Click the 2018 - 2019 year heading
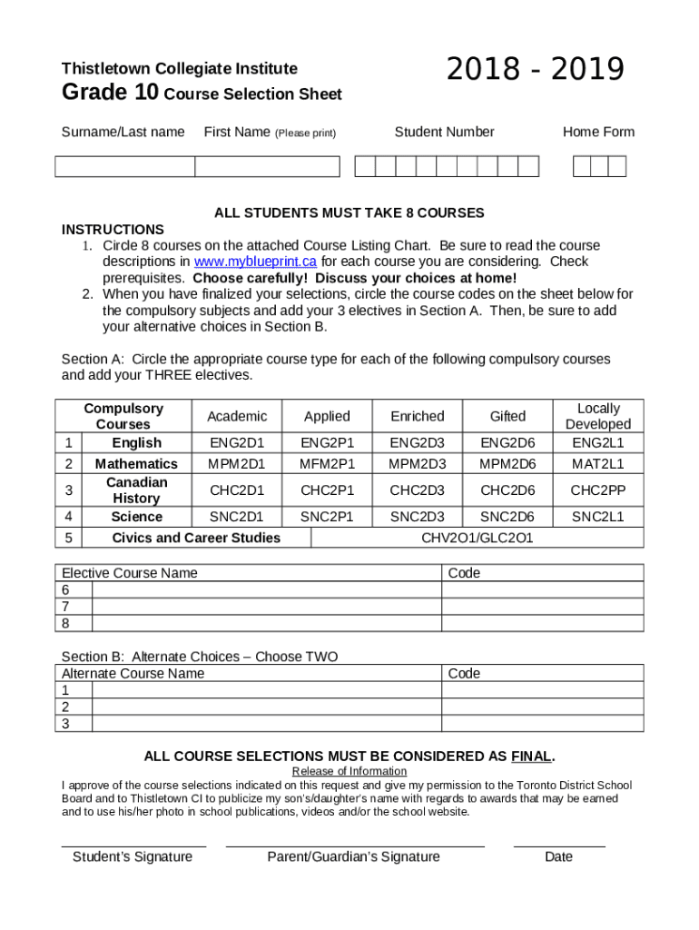[536, 70]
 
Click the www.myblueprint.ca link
[255, 262]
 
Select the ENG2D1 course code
[237, 443]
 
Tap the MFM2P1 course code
[327, 464]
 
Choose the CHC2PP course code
[597, 490]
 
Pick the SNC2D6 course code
[507, 517]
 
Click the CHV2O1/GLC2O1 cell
[477, 538]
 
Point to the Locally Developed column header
[597, 416]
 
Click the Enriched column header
[417, 416]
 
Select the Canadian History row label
[136, 490]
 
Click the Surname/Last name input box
[124, 166]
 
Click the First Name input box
[267, 166]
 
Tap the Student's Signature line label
[133, 856]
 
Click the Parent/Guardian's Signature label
[354, 856]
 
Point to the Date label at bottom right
[558, 856]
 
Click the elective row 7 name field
[266, 607]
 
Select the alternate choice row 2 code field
[542, 707]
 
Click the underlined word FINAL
[531, 756]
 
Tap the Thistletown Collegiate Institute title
[179, 69]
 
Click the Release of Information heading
[349, 772]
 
